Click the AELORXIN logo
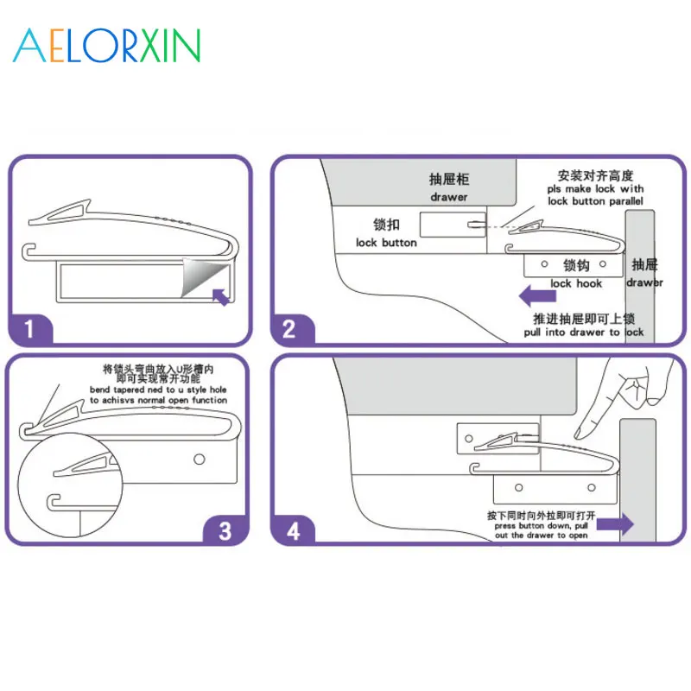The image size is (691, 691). (x=106, y=44)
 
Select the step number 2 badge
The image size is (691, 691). (x=289, y=329)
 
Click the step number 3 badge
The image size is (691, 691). (x=225, y=529)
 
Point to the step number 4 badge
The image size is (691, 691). (x=293, y=529)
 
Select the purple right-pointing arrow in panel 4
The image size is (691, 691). (x=616, y=523)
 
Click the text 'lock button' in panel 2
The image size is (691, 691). (x=386, y=243)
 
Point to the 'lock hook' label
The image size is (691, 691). (x=576, y=283)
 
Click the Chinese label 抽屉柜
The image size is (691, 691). (x=448, y=180)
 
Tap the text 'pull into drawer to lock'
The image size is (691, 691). (x=584, y=333)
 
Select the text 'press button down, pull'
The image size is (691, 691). (x=540, y=526)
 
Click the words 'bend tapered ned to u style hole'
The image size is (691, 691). (x=158, y=390)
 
